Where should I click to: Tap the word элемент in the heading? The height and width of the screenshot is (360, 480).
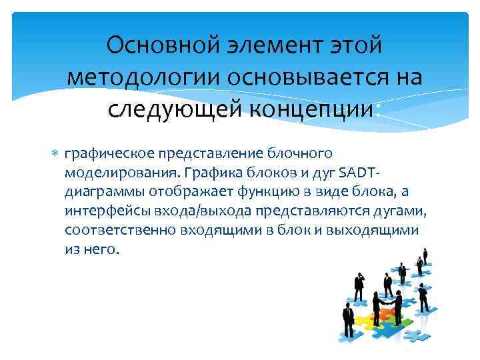(276, 47)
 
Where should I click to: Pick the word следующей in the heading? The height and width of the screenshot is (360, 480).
(169, 108)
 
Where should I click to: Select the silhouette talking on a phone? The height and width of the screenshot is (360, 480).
(359, 280)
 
